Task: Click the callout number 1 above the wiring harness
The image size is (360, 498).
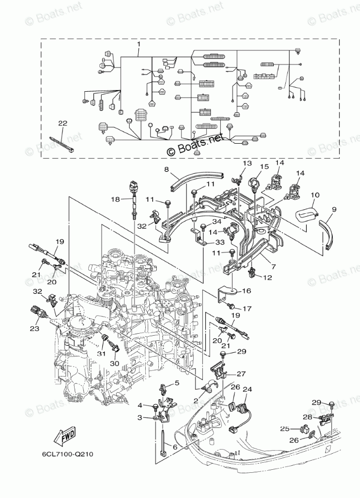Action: pyautogui.click(x=139, y=45)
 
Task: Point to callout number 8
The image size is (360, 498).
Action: pyautogui.click(x=166, y=170)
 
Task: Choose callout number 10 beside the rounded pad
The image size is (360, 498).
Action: pyautogui.click(x=315, y=195)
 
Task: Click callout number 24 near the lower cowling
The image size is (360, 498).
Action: pyautogui.click(x=247, y=390)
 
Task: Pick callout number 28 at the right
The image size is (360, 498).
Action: pyautogui.click(x=308, y=417)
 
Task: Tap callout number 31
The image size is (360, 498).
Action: pyautogui.click(x=101, y=353)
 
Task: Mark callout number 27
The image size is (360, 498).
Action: pyautogui.click(x=241, y=374)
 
